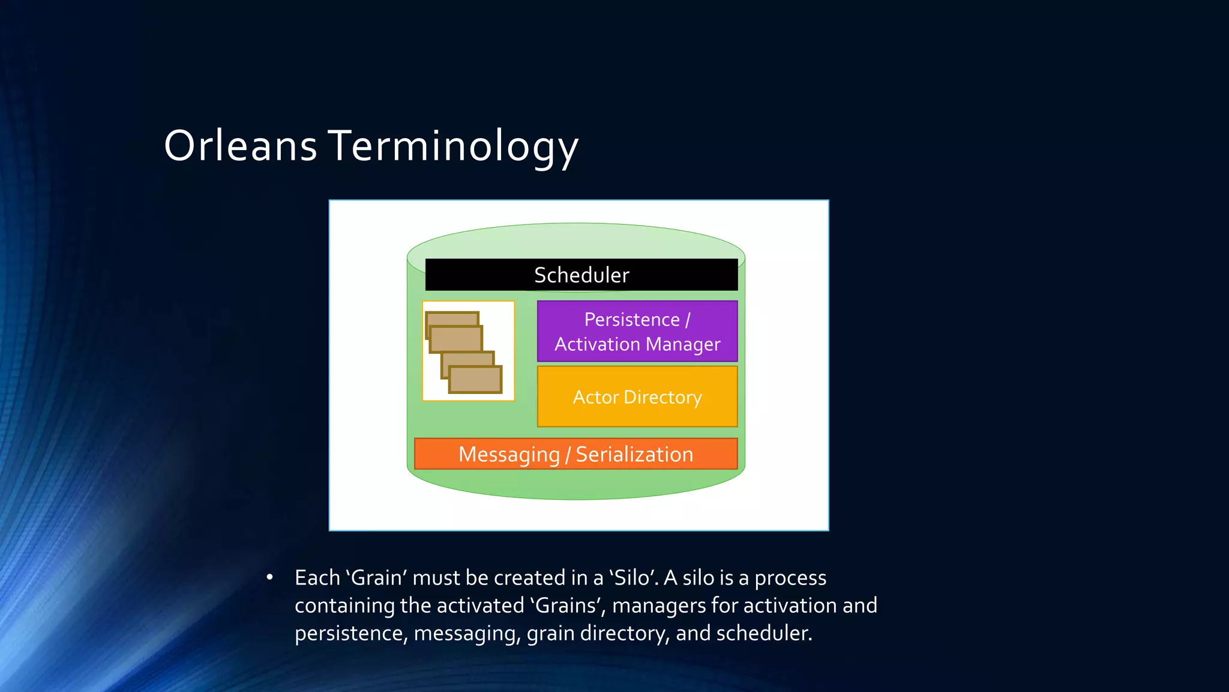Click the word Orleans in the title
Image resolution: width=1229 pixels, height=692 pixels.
[240, 146]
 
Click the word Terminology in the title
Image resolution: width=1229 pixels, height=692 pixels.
[453, 146]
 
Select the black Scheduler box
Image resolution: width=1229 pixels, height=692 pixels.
[581, 275]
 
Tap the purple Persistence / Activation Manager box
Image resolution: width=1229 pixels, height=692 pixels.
[637, 332]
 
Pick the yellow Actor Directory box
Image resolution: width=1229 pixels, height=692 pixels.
[637, 397]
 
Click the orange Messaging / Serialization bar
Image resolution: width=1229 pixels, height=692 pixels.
[575, 454]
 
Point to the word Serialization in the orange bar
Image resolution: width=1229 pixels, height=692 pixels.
[634, 454]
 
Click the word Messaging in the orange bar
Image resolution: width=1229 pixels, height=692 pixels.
[509, 455]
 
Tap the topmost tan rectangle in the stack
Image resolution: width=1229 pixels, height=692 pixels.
[452, 318]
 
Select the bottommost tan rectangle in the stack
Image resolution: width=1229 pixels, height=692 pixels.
[475, 380]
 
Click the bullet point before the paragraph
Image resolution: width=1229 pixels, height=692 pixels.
[270, 578]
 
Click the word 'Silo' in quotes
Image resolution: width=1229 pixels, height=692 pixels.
[634, 578]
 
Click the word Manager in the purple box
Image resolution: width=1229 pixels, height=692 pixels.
[683, 344]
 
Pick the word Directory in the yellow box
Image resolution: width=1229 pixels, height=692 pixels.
[663, 397]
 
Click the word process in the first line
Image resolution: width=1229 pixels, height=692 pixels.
[790, 578]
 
